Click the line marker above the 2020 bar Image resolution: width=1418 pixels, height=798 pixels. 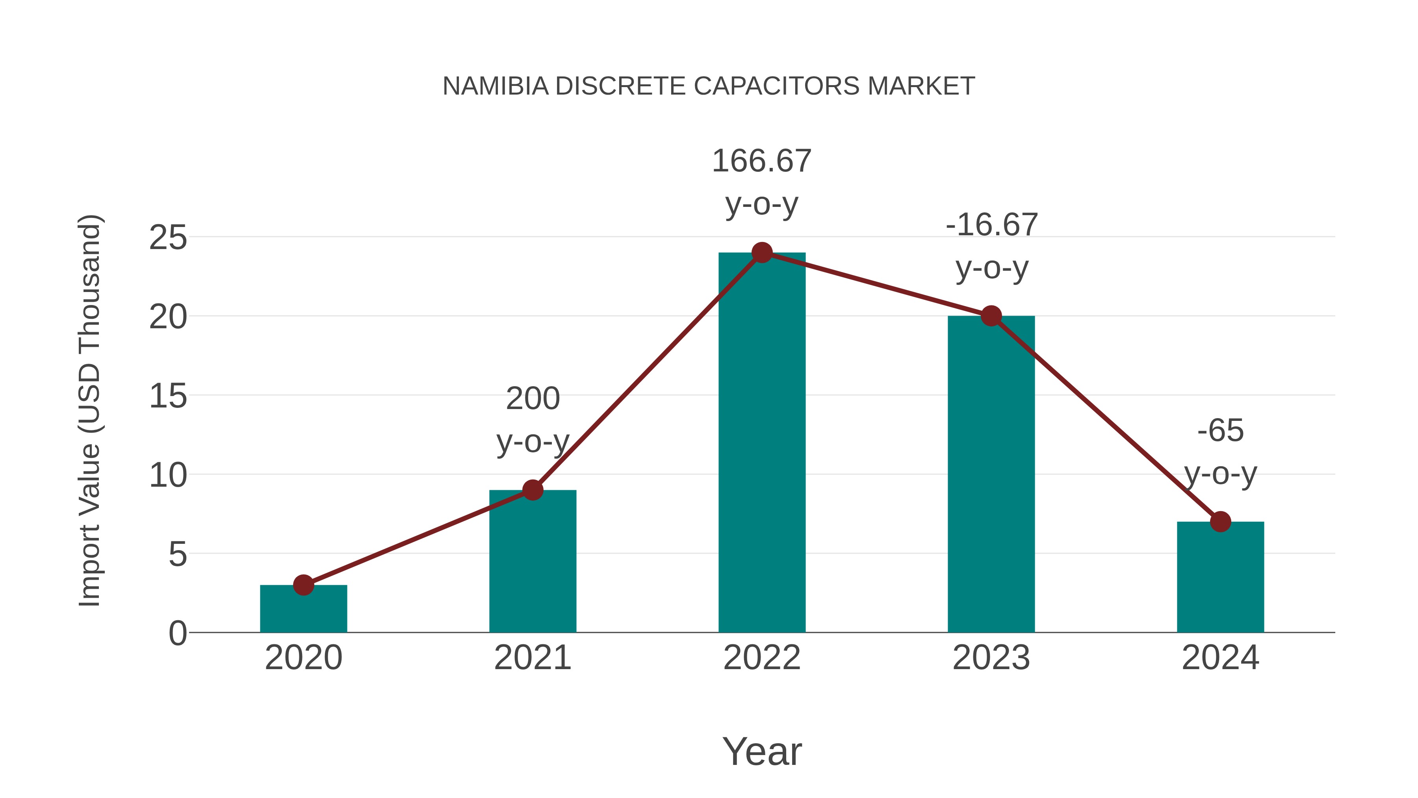point(303,585)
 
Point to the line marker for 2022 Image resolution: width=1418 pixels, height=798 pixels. point(762,253)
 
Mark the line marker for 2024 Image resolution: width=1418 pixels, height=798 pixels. point(1220,521)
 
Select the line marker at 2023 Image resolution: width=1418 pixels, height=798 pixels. point(991,316)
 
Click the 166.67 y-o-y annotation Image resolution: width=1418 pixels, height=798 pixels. point(762,182)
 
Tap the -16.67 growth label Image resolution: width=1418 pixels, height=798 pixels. point(991,246)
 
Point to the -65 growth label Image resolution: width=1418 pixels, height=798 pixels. point(1220,452)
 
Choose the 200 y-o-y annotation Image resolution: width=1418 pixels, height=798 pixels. point(532,420)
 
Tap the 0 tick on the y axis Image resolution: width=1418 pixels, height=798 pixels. point(178,633)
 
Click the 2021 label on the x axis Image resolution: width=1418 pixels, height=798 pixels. point(532,658)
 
